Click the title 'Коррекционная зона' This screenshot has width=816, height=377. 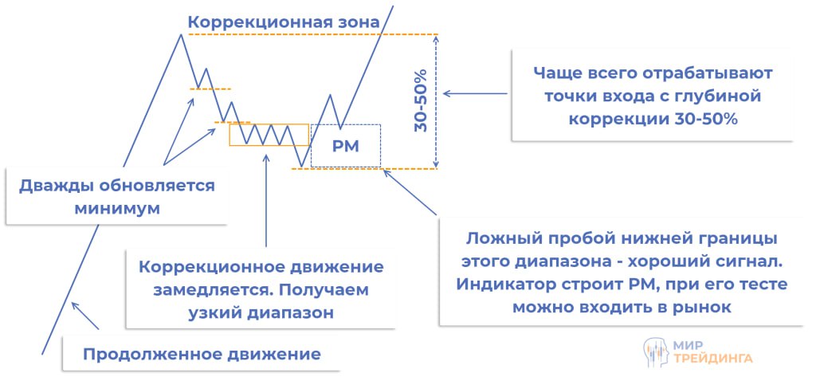pos(284,22)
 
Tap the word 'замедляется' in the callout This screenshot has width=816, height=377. pos(188,290)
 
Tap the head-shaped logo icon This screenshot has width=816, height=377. pos(654,351)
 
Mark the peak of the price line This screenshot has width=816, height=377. pos(182,34)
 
